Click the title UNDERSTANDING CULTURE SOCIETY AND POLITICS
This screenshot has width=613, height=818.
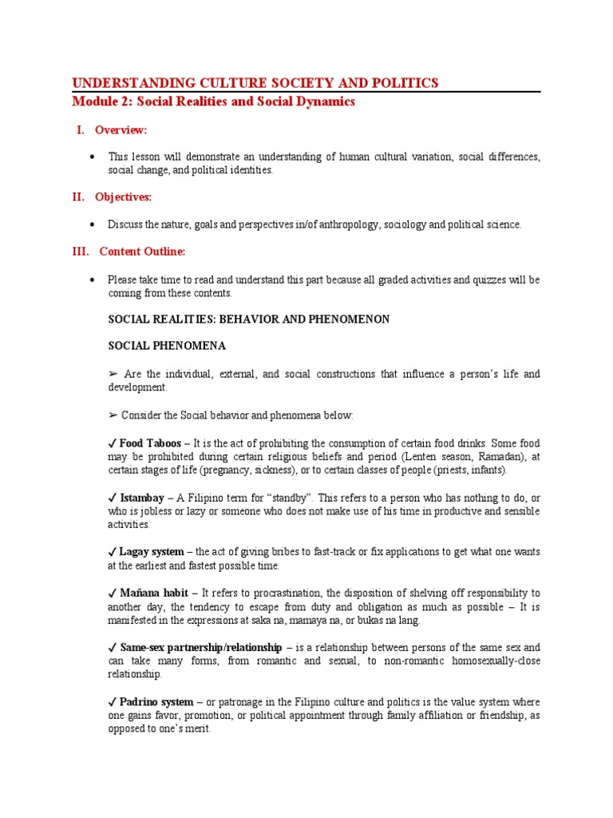(x=255, y=82)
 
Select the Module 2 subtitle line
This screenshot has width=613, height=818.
(x=213, y=102)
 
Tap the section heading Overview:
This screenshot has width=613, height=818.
(x=121, y=130)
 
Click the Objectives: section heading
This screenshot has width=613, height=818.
(x=123, y=197)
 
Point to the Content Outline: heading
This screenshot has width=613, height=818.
(x=142, y=252)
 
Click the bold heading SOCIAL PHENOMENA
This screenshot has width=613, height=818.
(x=167, y=346)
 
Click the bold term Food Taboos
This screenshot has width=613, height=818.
(x=151, y=443)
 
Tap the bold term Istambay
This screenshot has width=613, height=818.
(x=144, y=498)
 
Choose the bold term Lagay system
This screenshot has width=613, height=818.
(x=152, y=552)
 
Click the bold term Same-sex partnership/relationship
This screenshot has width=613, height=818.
(x=200, y=647)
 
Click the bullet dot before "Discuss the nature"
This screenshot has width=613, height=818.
(x=93, y=225)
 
